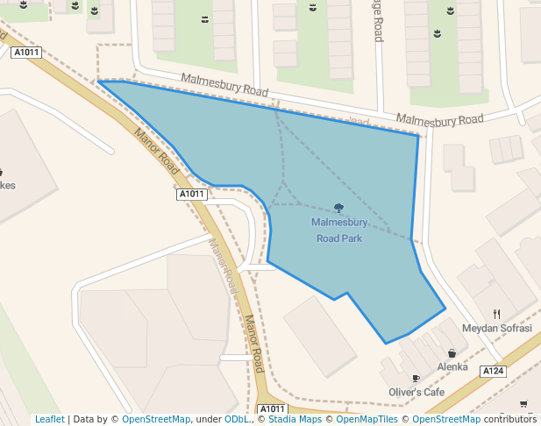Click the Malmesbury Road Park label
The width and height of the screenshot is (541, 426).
point(338,230)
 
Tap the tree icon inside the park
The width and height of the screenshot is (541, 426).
point(338,208)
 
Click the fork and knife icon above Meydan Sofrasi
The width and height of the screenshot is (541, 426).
point(497,314)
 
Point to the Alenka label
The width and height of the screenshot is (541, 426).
point(452,366)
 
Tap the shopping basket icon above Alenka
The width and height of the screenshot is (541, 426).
point(452,353)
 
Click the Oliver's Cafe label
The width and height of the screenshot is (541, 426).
point(416,392)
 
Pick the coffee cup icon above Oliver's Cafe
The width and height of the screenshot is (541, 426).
point(416,379)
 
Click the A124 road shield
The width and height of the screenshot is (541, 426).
point(493,372)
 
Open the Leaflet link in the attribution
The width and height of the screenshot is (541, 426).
point(49,419)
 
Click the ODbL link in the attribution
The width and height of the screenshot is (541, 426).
point(237,419)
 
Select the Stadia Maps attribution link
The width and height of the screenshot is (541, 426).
point(295,419)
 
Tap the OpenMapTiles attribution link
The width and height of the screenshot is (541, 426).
point(360,419)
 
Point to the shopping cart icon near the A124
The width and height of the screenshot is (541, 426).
point(523,404)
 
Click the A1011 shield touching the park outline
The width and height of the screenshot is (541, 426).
point(191,194)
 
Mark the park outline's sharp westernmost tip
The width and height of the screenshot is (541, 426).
point(98,82)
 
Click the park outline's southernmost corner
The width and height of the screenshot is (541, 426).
point(385,343)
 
